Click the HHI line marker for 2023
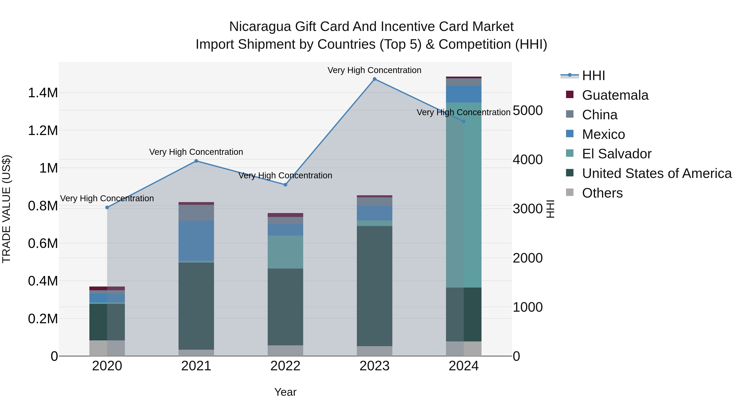[x=374, y=79]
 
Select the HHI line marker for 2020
[x=107, y=207]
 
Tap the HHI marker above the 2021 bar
[x=196, y=161]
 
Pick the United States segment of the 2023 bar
[x=374, y=286]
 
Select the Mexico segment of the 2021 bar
[x=196, y=241]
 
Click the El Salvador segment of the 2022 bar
[x=285, y=252]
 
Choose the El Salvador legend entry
[x=616, y=154]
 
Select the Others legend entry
[x=602, y=193]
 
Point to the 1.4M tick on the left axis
[x=43, y=93]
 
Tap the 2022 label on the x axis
[x=285, y=366]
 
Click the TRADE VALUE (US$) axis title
[x=6, y=209]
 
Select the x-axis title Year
[x=285, y=392]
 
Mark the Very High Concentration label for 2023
[x=374, y=70]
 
